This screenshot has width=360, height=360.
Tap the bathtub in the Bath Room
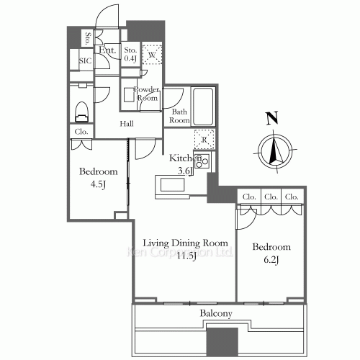click(x=203, y=107)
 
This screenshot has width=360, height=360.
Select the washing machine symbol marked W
click(x=152, y=55)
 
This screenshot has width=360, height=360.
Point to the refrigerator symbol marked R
click(x=204, y=140)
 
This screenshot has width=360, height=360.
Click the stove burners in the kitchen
click(x=202, y=161)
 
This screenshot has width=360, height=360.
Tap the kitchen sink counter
click(x=172, y=185)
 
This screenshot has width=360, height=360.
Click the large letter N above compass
click(x=272, y=118)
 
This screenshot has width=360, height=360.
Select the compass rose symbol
click(x=275, y=151)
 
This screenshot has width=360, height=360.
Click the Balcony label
click(x=216, y=313)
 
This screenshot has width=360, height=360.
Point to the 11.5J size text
click(x=186, y=256)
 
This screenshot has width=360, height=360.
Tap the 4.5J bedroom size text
click(x=98, y=184)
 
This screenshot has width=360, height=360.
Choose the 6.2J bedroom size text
click(x=271, y=260)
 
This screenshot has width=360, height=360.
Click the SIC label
click(x=86, y=60)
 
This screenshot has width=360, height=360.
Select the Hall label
click(x=127, y=124)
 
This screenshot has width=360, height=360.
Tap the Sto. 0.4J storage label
click(x=130, y=54)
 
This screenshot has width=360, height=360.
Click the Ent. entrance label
click(x=107, y=50)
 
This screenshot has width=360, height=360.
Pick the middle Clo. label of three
click(x=271, y=197)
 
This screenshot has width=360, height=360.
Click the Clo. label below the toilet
click(x=81, y=132)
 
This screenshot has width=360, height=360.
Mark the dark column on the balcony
click(x=222, y=342)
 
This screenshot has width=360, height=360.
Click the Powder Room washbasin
click(x=129, y=95)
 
